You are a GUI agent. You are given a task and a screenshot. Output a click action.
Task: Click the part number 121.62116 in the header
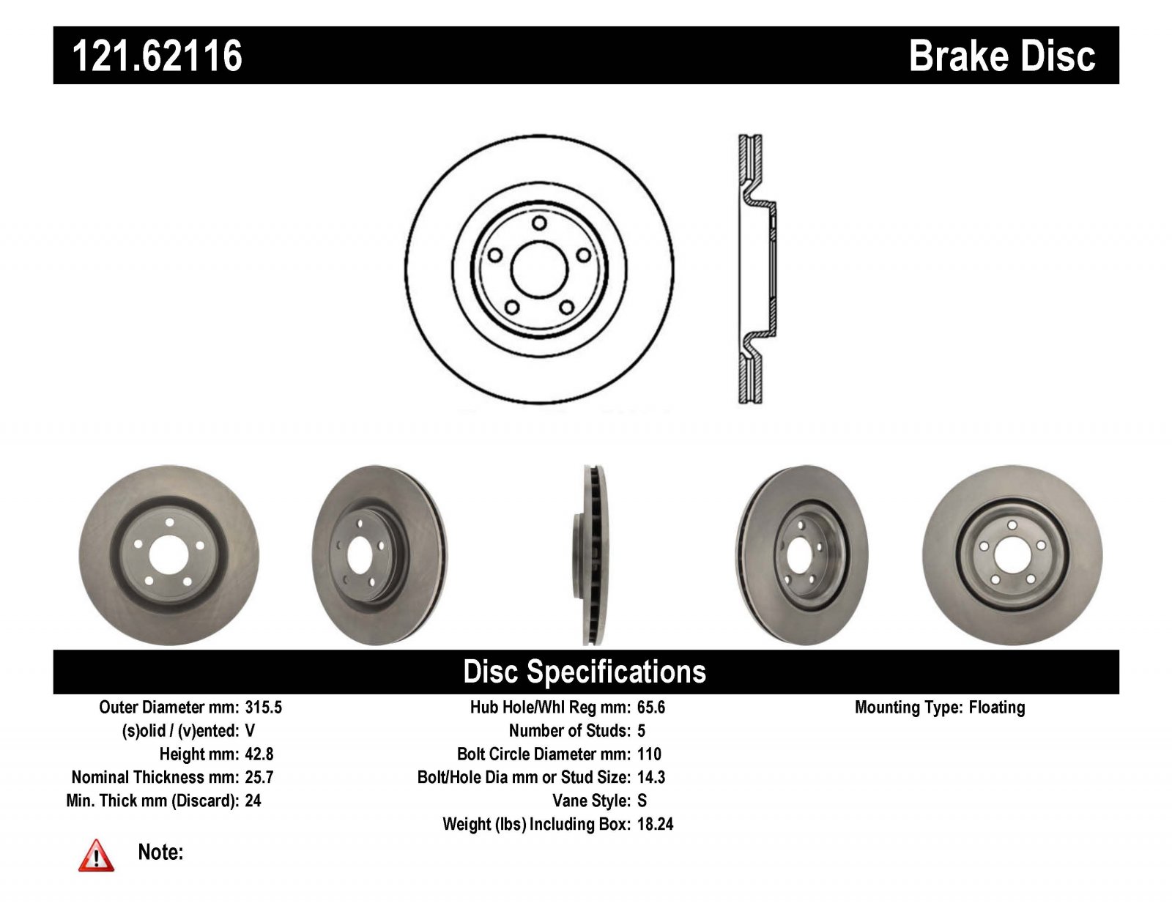(x=157, y=56)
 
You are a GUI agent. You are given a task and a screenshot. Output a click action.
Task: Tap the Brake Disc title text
(x=1002, y=56)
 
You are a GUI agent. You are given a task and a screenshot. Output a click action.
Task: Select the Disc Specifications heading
(x=585, y=672)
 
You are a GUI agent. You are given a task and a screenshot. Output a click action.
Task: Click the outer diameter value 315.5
(x=263, y=707)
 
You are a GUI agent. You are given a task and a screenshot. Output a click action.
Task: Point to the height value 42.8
(x=259, y=754)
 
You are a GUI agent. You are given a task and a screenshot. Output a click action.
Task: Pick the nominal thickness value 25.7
(x=259, y=777)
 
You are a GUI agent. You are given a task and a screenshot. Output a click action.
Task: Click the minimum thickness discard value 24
(x=253, y=801)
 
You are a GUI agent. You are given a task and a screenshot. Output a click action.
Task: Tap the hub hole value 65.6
(x=651, y=707)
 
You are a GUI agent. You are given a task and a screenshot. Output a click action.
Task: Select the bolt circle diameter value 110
(x=649, y=754)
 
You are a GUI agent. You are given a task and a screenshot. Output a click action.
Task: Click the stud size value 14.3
(x=651, y=777)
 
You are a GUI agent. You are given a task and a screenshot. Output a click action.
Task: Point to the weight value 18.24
(x=655, y=824)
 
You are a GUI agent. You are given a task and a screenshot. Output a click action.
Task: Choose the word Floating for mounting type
(x=997, y=707)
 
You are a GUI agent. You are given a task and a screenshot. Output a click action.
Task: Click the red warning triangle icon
(x=96, y=856)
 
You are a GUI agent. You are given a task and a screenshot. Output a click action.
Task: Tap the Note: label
(x=160, y=852)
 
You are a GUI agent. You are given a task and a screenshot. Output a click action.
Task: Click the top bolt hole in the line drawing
(x=539, y=223)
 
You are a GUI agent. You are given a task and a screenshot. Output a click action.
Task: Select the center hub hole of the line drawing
(x=539, y=269)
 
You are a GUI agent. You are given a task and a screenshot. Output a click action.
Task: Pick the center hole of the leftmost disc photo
(x=168, y=555)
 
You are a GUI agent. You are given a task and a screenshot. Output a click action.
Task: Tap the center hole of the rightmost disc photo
(x=1012, y=555)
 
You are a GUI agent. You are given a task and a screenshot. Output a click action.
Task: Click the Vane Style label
(x=591, y=801)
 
